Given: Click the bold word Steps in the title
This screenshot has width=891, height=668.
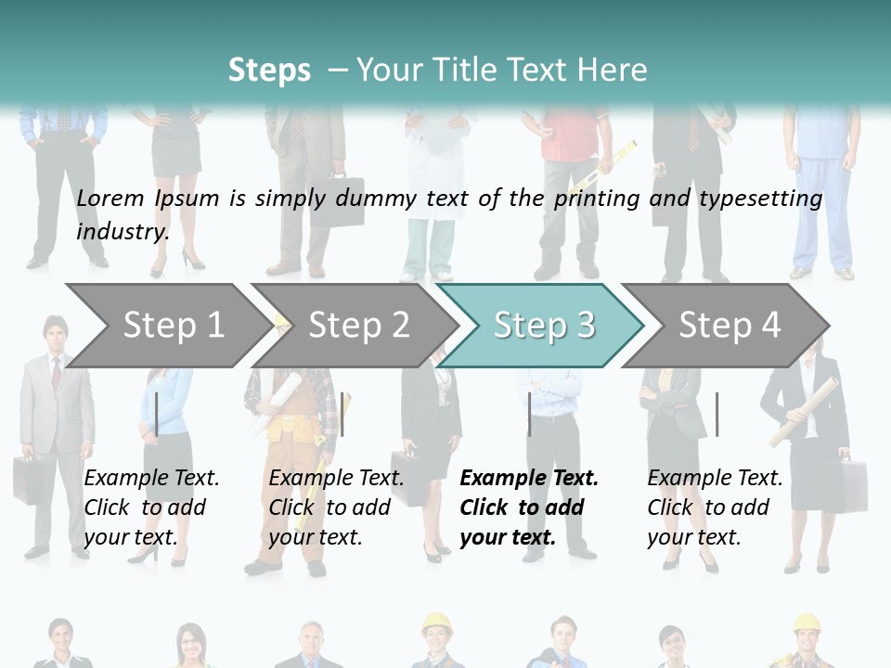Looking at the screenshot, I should click(x=269, y=71).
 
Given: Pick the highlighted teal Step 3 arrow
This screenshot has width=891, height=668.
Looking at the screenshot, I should click(x=544, y=326).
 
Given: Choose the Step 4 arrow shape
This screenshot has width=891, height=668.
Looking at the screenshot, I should click(x=730, y=326).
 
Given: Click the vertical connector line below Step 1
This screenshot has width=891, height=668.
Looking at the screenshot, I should click(x=157, y=414).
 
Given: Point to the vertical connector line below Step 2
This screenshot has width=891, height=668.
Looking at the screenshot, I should click(x=342, y=414).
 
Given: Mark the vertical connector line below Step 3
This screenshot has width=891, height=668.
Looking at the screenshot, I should click(x=529, y=414).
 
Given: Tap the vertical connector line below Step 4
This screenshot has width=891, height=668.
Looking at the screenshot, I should click(x=717, y=414).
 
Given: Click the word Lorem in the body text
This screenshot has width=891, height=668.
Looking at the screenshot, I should click(x=111, y=199).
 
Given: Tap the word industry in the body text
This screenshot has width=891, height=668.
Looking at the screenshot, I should click(x=123, y=231).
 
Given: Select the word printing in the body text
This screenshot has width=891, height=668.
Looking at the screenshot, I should click(x=589, y=199).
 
